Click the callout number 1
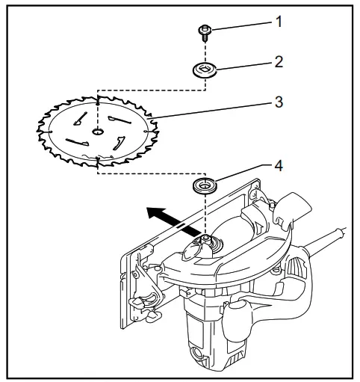[x=279, y=22]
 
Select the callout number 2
[x=279, y=61]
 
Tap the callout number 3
[x=279, y=102]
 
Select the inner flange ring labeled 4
[x=203, y=184]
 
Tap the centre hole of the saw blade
[x=97, y=132]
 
